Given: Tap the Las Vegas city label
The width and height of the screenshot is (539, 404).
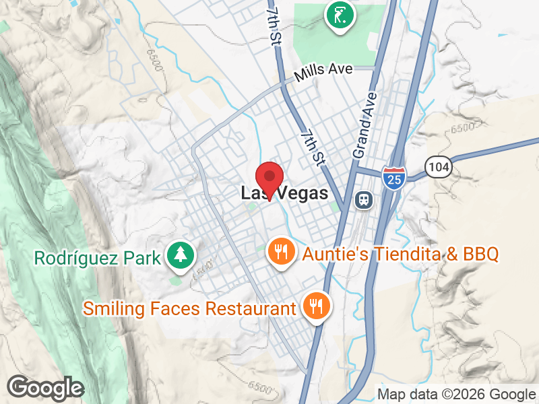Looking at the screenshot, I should point(284,194).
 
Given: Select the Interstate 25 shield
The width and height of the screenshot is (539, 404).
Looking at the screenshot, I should point(393,178).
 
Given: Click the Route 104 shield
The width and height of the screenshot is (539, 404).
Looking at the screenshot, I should point(437,166).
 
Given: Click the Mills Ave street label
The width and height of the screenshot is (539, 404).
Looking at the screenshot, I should point(328,71).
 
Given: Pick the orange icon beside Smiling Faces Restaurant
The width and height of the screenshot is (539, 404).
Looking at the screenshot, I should point(315,306).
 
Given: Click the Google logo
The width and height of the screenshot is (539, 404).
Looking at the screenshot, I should point(45,387).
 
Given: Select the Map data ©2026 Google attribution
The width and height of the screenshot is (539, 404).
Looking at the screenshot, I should point(455,395).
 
